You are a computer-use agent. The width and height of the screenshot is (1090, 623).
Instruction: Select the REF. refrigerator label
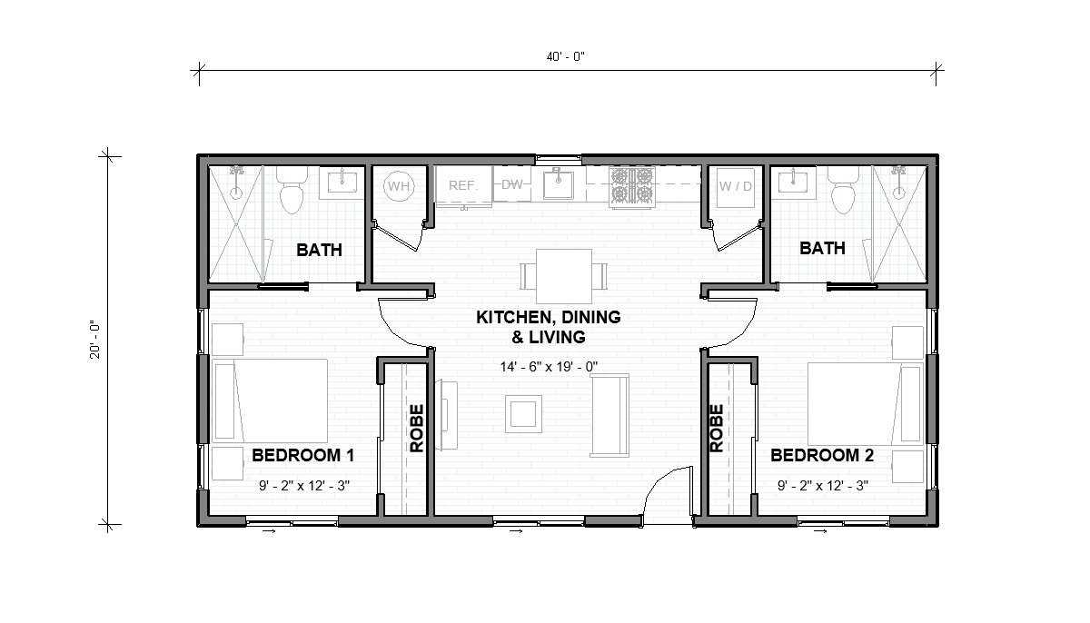point(462,185)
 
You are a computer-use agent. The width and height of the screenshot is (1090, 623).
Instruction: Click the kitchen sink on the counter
point(557,185)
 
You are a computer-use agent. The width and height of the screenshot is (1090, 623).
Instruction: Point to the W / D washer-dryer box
point(735,187)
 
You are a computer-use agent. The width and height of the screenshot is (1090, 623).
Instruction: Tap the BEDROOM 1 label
point(302,455)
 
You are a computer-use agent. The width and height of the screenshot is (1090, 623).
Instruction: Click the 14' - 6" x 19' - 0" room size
point(548,367)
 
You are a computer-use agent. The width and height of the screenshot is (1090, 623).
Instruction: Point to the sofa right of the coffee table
point(608,415)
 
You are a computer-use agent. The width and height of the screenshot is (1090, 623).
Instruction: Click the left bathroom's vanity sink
point(341,183)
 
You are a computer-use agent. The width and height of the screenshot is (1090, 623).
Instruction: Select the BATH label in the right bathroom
point(822,248)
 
